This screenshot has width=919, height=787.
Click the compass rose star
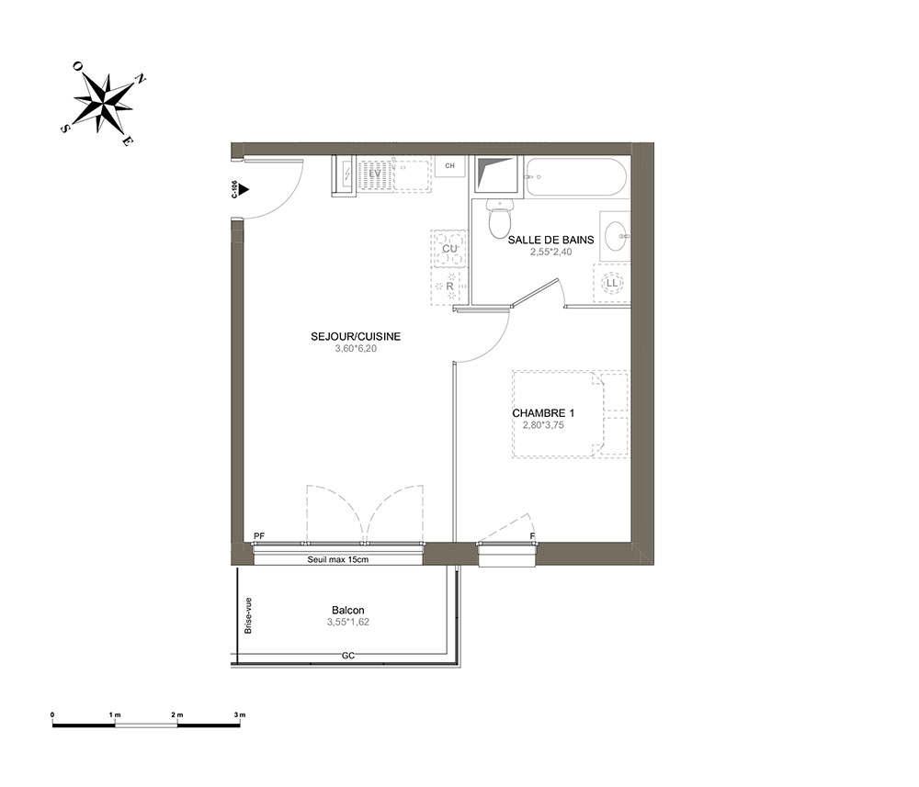pyautogui.click(x=104, y=103)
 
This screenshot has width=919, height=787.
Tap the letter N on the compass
pyautogui.click(x=141, y=78)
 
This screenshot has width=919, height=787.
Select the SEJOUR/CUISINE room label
pyautogui.click(x=356, y=336)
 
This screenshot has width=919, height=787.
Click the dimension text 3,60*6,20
pyautogui.click(x=356, y=348)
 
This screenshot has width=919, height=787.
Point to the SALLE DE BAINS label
pyautogui.click(x=550, y=240)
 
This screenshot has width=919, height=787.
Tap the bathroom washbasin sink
pyautogui.click(x=615, y=236)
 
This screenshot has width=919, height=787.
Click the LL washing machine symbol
pyautogui.click(x=612, y=284)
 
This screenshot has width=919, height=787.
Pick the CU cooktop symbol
pyautogui.click(x=449, y=248)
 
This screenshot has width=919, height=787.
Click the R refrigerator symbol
pyautogui.click(x=449, y=287)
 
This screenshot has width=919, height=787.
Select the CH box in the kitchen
pyautogui.click(x=449, y=165)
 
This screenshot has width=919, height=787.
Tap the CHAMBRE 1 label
pyautogui.click(x=543, y=413)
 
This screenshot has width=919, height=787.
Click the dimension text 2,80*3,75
pyautogui.click(x=543, y=425)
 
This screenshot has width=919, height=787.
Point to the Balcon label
pyautogui.click(x=348, y=610)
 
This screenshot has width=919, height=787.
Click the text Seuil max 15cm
pyautogui.click(x=338, y=559)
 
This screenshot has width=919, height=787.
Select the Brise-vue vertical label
pyautogui.click(x=248, y=615)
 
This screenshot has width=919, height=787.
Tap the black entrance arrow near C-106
pyautogui.click(x=244, y=190)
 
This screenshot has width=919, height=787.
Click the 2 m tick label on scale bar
pyautogui.click(x=177, y=715)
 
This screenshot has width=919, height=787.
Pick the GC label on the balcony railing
pyautogui.click(x=348, y=656)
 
